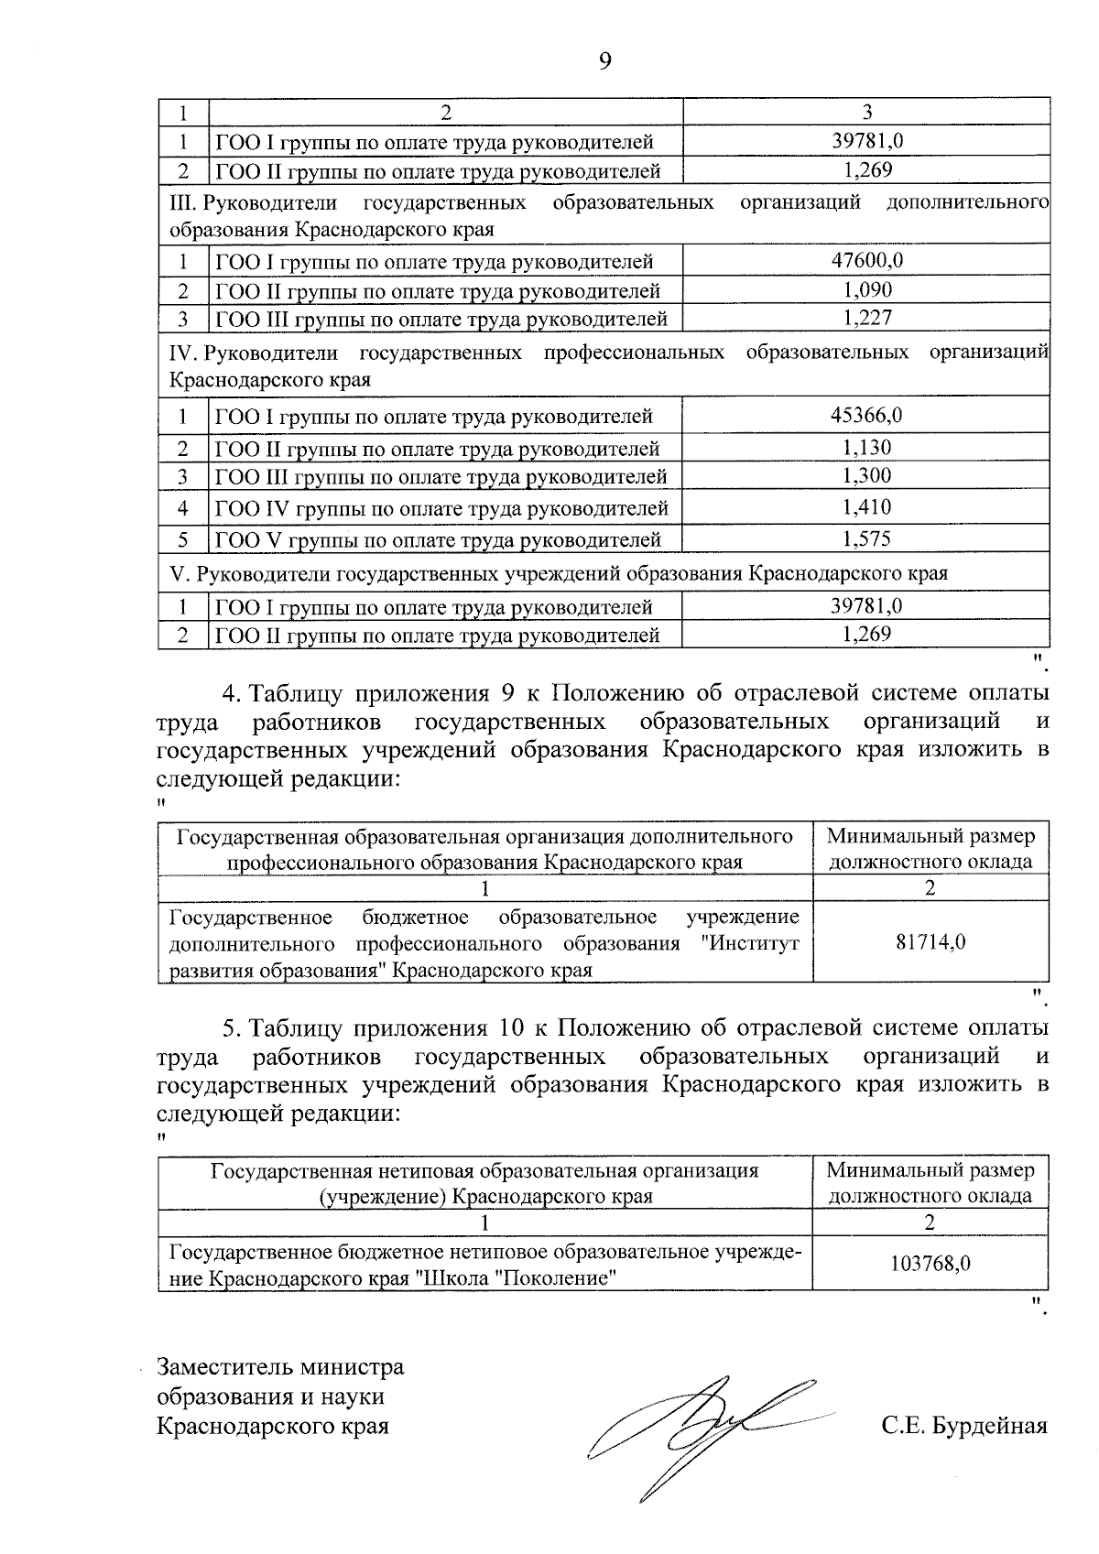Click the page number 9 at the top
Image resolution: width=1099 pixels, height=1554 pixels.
point(604,61)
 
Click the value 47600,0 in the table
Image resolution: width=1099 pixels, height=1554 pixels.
point(866,259)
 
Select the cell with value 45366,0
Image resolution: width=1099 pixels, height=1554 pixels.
point(866,415)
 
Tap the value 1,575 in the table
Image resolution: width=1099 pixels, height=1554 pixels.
point(866,538)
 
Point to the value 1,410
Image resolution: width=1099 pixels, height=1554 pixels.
point(866,507)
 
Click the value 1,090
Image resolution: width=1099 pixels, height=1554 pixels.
point(866,290)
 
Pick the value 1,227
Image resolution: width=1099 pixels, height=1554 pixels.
point(866,318)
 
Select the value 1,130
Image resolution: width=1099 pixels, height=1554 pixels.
point(866,447)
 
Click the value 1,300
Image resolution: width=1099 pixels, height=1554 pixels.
point(866,475)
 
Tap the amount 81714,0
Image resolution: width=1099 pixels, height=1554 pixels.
point(930,942)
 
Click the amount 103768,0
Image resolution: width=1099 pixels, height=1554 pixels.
point(930,1264)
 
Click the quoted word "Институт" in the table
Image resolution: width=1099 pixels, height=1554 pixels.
point(755,943)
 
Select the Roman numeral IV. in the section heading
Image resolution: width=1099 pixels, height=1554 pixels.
point(185,353)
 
